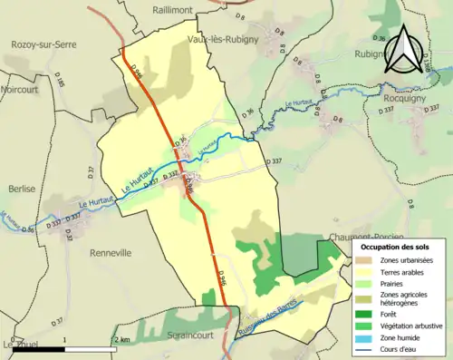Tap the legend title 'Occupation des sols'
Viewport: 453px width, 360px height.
point(397,247)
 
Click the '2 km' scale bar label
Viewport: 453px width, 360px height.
point(120,340)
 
